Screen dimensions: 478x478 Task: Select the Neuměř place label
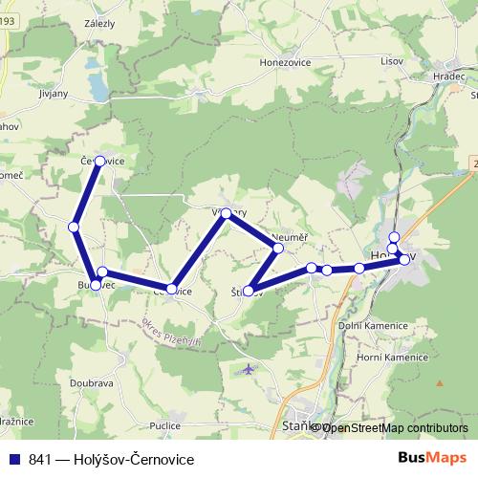tap(288, 235)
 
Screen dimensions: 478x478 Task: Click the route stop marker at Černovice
tap(99, 162)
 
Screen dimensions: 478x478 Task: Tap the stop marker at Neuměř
tap(277, 249)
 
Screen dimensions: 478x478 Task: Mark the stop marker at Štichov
tap(250, 291)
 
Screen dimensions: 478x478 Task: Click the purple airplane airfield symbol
tap(250, 368)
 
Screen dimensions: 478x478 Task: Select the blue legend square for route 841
tap(16, 460)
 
